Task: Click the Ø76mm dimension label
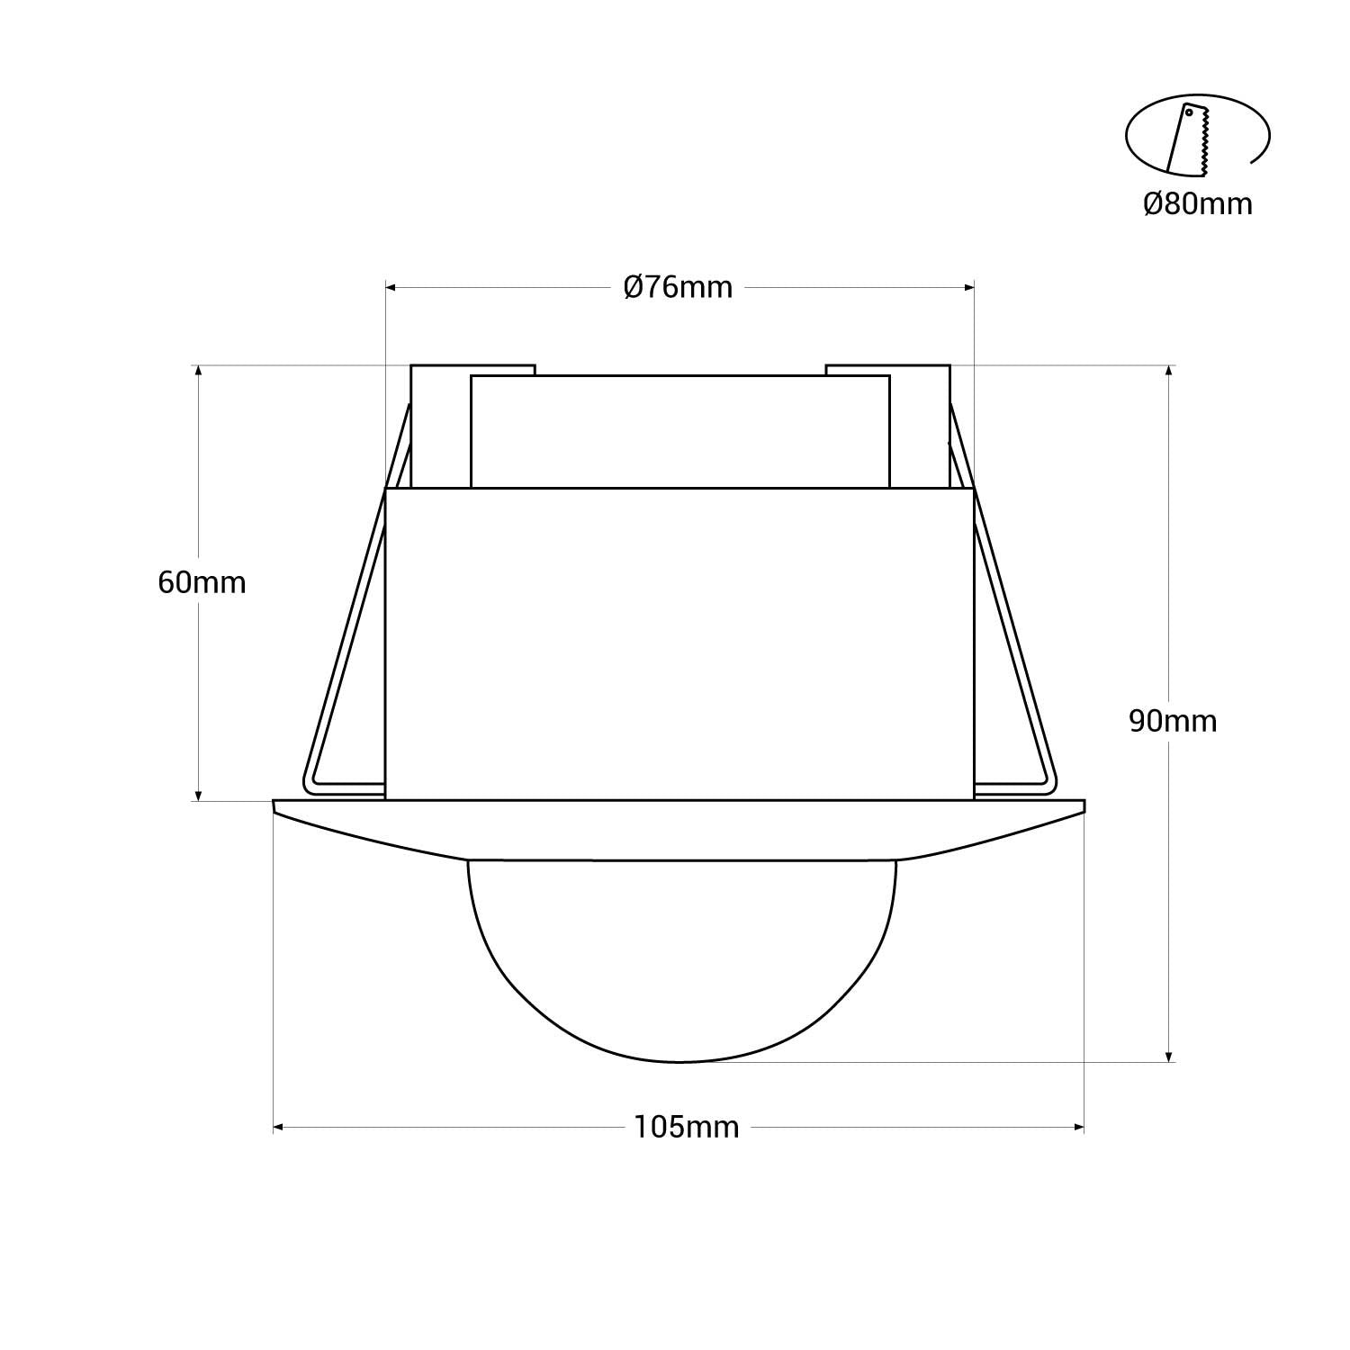point(679,288)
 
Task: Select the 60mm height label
point(202,582)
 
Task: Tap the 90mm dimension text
point(1173,721)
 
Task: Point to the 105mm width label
point(686,1127)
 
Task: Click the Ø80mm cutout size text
point(1197,204)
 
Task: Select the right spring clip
point(1012,630)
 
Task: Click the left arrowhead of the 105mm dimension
point(279,1127)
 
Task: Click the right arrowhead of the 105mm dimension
point(1078,1127)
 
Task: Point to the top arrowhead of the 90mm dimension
point(1168,371)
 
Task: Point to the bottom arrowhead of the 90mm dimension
point(1168,1056)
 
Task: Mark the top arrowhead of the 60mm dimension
point(198,371)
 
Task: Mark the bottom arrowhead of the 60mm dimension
point(198,795)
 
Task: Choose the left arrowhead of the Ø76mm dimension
point(391,288)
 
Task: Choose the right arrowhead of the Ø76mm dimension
point(969,288)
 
